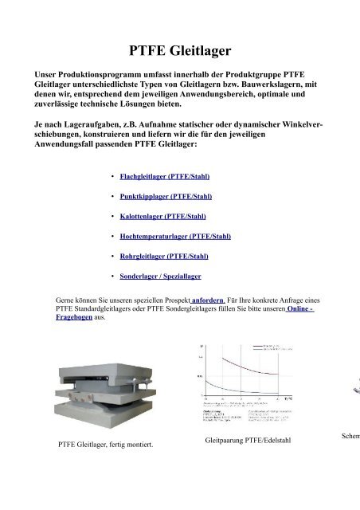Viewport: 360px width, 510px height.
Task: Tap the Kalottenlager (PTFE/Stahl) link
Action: [162, 215]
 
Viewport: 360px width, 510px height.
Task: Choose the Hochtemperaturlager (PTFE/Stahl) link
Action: [175, 236]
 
